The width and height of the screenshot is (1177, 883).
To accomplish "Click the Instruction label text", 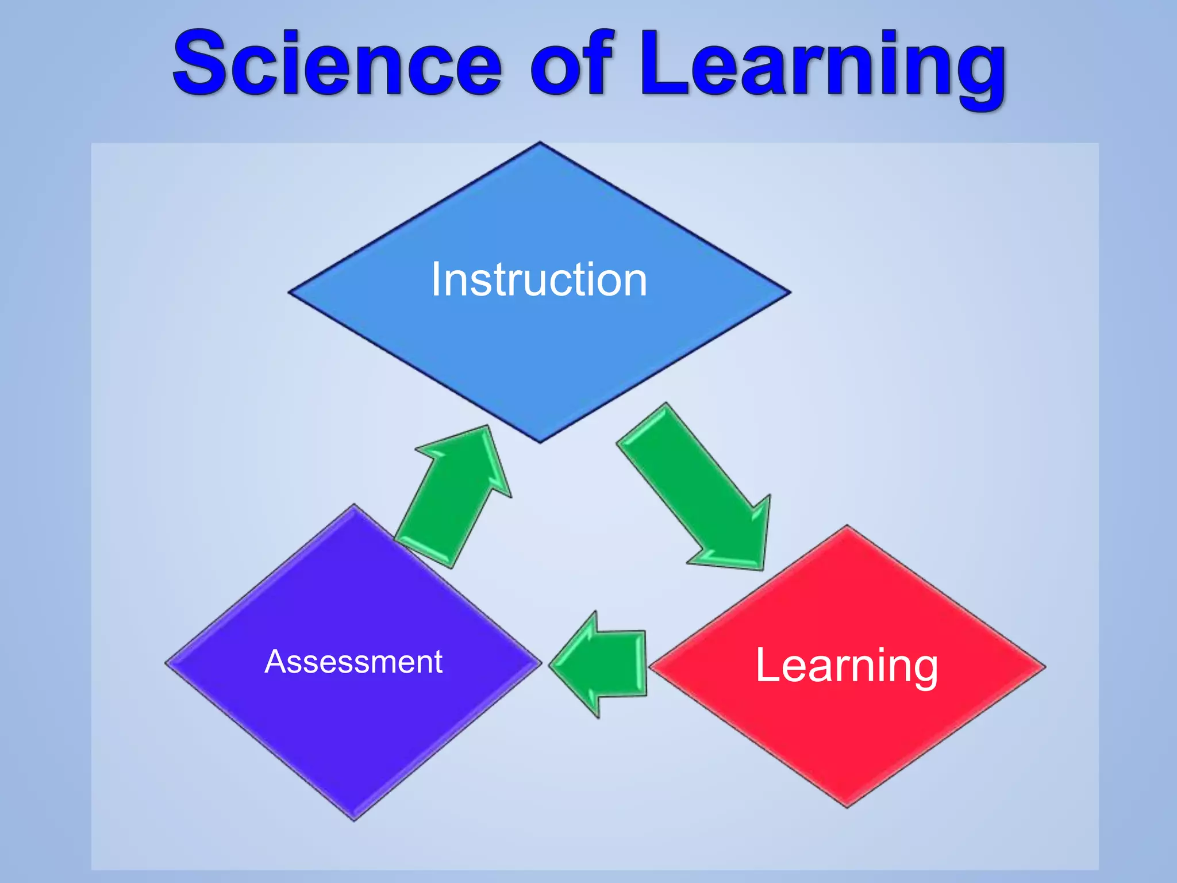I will click(x=539, y=279).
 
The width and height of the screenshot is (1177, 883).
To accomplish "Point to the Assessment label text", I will click(x=353, y=662).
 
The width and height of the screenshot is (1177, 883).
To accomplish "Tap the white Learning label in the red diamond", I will click(x=847, y=665).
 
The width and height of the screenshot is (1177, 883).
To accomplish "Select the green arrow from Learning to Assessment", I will click(x=601, y=665).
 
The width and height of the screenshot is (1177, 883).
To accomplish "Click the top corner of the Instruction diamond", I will click(x=540, y=144).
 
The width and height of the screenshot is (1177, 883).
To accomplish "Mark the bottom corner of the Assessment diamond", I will click(x=354, y=819).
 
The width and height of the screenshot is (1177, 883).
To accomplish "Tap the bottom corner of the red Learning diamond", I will click(x=847, y=806).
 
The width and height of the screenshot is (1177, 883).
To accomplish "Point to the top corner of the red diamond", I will click(x=847, y=527).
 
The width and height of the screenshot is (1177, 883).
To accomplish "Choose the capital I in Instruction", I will click(x=436, y=279).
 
